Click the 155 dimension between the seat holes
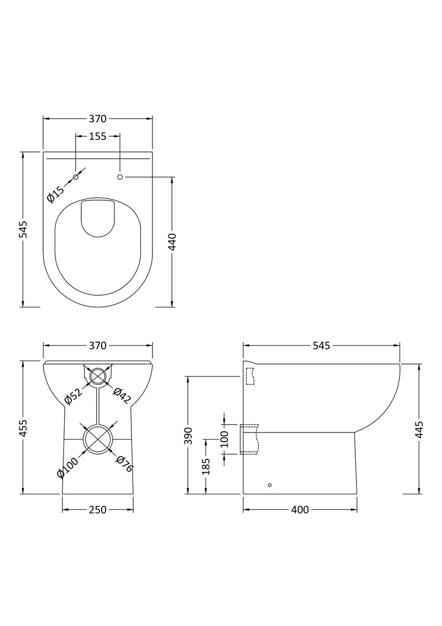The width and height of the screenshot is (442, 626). point(97,137)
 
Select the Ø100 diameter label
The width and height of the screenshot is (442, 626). point(67,466)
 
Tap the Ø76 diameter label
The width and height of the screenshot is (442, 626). point(125,463)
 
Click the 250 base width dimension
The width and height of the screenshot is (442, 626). point(97,509)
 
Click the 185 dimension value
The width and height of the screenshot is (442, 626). point(206,466)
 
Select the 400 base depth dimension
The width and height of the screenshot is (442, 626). point(299,509)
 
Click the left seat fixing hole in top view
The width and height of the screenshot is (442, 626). point(76,176)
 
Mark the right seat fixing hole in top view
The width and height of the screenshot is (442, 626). point(119,176)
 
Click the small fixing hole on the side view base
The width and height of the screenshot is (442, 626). point(270,485)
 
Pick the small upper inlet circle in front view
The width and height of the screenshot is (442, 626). point(97,377)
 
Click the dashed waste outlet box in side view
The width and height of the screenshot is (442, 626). point(249,439)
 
